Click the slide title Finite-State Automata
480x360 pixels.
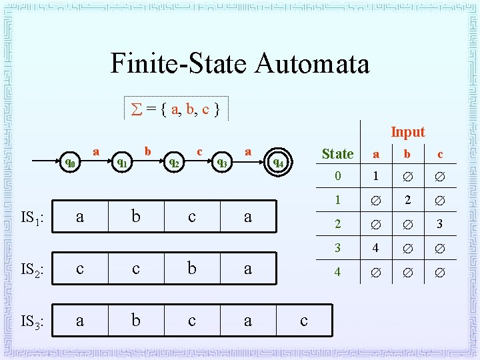point(239,64)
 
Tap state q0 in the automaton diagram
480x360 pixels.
point(69,161)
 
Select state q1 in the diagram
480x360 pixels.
point(122,161)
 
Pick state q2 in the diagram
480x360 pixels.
point(173,161)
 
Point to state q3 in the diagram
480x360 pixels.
point(222,161)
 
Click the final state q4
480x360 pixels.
point(278,162)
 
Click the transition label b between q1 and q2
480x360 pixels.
point(148,152)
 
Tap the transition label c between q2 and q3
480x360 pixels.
point(199,152)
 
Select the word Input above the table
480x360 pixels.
point(407,132)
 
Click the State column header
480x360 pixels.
point(337,154)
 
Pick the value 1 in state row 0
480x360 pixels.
point(376,177)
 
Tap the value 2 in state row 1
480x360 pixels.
point(408,201)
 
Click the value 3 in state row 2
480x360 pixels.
point(439,225)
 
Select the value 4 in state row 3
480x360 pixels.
point(376,248)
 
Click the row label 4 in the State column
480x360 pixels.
point(337,272)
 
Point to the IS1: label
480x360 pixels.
point(32,217)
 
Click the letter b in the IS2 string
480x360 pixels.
point(192,269)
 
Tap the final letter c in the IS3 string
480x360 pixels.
point(304,321)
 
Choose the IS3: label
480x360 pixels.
point(32,322)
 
